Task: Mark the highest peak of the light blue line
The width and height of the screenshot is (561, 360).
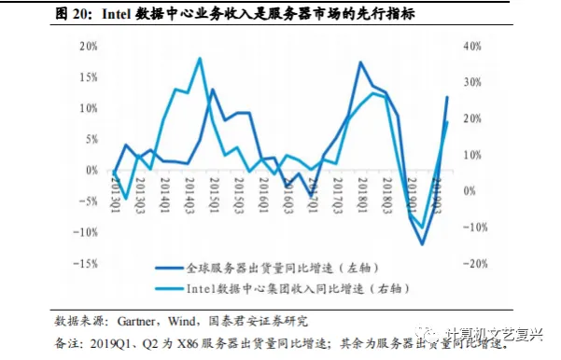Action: pos(200,59)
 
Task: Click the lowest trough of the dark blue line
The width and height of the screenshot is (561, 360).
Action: pos(422,244)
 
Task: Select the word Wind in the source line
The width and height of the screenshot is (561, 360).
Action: pos(182,321)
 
